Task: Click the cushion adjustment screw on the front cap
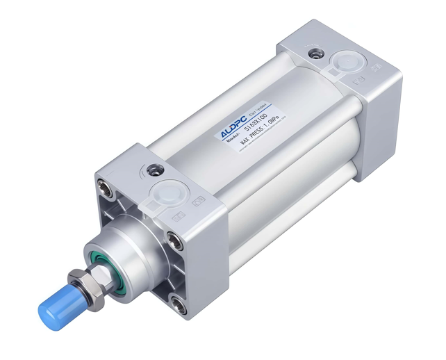154,168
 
